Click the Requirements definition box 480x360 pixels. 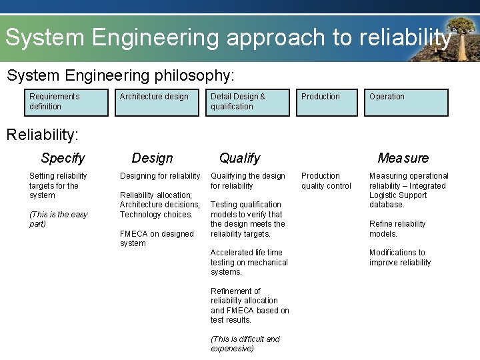[65, 102]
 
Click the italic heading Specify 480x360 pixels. [63, 158]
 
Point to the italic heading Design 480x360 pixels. [152, 158]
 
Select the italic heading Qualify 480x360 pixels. [239, 158]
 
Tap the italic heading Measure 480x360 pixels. [403, 158]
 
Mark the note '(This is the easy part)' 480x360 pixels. [59, 219]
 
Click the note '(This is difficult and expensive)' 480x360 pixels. [245, 344]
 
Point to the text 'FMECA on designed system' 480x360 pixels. [157, 239]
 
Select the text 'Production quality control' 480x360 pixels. [326, 181]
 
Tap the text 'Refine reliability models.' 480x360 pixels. [398, 229]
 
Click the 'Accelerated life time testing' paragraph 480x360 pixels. [249, 262]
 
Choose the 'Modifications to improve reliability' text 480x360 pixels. [400, 257]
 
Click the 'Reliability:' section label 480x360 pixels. [42, 135]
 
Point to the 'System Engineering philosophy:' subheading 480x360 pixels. [120, 75]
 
